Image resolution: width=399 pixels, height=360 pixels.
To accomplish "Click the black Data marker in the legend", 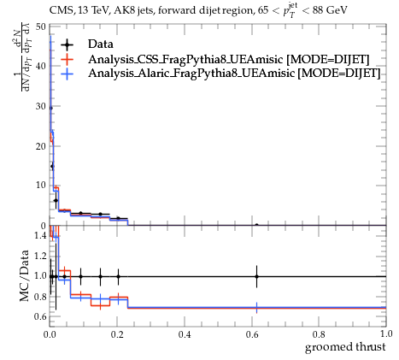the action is tap(67, 44).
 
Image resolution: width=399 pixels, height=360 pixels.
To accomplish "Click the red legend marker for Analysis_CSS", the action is tap(67, 59).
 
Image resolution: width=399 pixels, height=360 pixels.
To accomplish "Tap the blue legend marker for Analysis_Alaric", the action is tap(67, 74).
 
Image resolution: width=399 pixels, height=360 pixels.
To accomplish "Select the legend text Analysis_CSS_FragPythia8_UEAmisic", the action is tap(185, 59).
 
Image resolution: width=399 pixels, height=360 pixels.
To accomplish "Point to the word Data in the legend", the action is tap(101, 44).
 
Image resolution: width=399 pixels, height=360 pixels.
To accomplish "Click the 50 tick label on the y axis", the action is tap(40, 27).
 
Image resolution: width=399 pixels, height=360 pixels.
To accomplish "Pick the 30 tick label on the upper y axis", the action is tap(40, 106).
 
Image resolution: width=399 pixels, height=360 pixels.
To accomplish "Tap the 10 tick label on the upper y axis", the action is tap(40, 186).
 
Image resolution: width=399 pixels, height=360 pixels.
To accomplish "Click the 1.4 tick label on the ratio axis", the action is tap(40, 235).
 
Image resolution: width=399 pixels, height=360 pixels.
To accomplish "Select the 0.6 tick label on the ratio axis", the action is tap(40, 316).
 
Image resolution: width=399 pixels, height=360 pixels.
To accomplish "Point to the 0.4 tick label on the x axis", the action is tap(185, 334).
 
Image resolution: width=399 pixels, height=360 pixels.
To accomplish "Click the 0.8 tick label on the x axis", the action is tap(319, 334).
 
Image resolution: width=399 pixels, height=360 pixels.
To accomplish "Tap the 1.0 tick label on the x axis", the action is tap(386, 333).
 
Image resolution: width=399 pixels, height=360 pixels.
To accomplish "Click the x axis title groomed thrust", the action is tap(345, 347).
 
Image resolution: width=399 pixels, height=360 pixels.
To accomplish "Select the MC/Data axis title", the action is tap(25, 275).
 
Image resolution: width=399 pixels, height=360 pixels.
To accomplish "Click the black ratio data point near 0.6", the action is tap(256, 276).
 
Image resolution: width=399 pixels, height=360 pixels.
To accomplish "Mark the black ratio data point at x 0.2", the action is tap(118, 276).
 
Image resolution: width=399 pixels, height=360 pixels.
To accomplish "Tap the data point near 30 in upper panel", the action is tap(50, 108).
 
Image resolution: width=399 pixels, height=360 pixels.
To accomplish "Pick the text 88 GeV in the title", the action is tap(330, 10).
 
